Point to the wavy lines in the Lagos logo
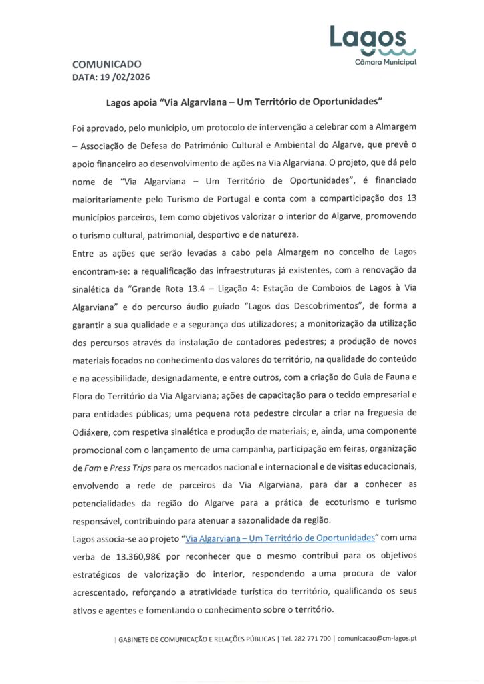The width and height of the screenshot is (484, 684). (388, 51)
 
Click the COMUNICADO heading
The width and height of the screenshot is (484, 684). (106, 65)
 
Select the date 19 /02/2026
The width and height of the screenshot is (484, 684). (126, 77)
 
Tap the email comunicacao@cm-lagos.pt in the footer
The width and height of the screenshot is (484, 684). (377, 639)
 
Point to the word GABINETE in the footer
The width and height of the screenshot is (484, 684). (136, 639)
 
